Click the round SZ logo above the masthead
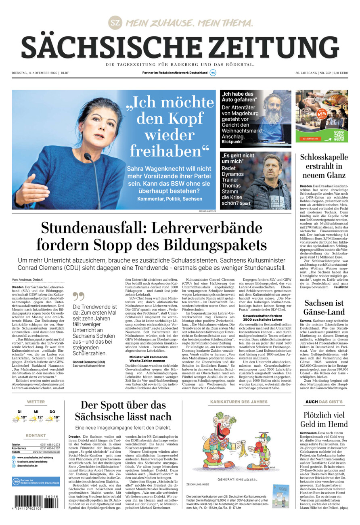pos(115,23)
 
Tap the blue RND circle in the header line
pos(213,73)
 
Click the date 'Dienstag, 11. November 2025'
pos(35,73)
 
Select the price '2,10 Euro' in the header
pos(340,73)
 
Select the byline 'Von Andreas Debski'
pos(28,279)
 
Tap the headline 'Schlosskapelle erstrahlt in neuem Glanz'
pos(322,166)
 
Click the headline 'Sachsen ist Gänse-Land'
pos(324,307)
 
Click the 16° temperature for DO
pos(57,418)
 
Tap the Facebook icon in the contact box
pos(14,461)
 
